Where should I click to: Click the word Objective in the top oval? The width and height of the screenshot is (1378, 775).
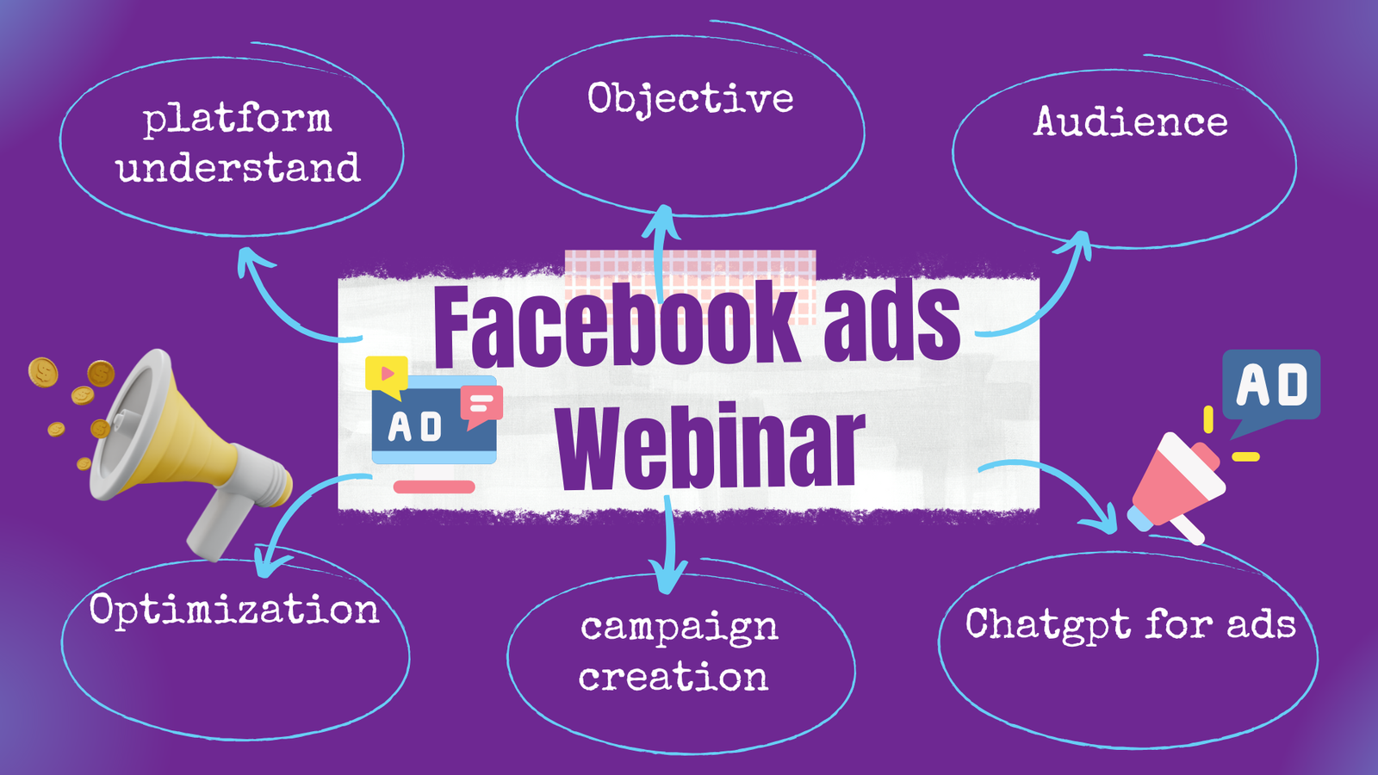click(x=690, y=98)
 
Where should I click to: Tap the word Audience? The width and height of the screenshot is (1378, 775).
click(x=1131, y=121)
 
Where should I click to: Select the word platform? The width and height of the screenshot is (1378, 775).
click(x=238, y=120)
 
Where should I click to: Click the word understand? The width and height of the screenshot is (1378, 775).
click(x=238, y=167)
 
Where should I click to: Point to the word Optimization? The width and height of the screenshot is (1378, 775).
click(x=233, y=611)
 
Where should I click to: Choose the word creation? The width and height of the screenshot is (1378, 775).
click(x=673, y=677)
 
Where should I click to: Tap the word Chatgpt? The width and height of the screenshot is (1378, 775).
click(x=1047, y=625)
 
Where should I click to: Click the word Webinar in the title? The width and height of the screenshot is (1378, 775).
click(x=711, y=447)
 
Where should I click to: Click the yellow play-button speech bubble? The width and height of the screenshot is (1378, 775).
click(x=387, y=375)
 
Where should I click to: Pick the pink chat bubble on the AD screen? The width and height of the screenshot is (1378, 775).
click(x=481, y=406)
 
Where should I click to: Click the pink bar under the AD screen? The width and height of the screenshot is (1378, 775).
click(x=434, y=487)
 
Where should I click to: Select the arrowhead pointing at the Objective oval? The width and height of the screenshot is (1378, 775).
click(x=662, y=221)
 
